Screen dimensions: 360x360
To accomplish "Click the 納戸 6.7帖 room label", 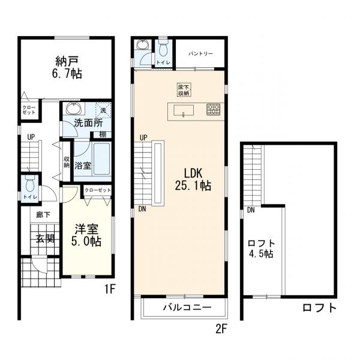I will pos(68,67).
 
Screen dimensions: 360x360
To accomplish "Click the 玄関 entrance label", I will pos(45,238).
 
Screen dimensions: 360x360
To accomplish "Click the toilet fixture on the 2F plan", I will pos(163,47).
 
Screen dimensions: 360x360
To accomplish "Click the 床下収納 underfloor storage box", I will pos(183,89).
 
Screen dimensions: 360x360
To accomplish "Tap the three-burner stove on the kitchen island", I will pos(214,110).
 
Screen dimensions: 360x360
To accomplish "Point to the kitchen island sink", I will pos(183,110).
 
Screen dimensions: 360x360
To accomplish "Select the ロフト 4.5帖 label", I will pos(262,248).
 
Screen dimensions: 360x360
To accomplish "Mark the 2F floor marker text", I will pos(223,328).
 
